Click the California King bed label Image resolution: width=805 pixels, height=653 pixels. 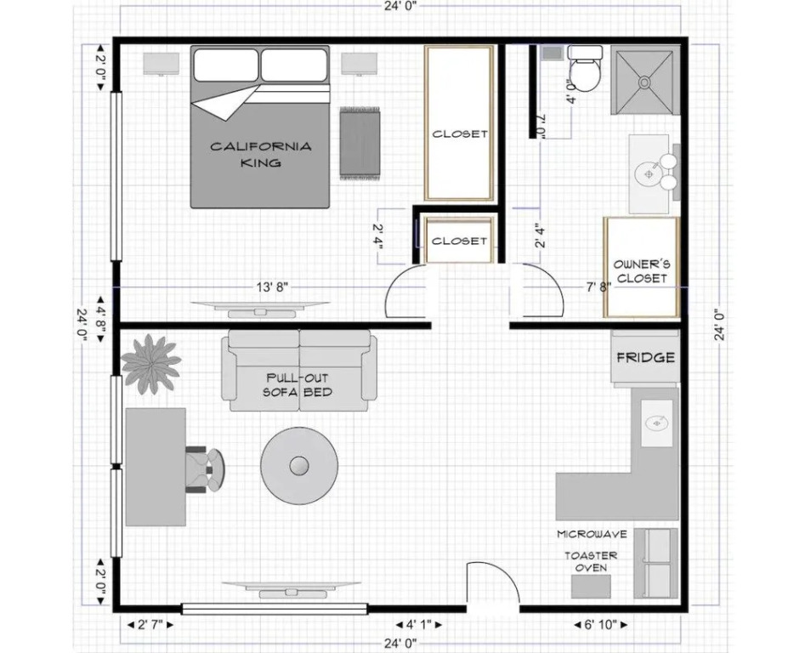point(261,155)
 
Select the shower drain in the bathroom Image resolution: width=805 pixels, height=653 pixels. point(643,81)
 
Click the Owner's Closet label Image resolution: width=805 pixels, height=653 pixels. point(642,271)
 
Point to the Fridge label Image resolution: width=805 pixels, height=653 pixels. point(645,357)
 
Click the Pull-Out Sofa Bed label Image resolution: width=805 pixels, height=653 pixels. point(298,385)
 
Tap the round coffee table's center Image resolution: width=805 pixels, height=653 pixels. point(299,466)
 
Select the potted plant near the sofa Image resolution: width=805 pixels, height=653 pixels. point(151,364)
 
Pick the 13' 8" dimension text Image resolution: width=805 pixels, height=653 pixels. point(272,287)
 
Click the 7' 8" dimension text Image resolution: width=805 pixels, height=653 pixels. point(598,287)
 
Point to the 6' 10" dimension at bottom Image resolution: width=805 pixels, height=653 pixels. point(600,625)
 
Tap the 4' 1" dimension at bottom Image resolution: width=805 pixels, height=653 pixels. point(418,625)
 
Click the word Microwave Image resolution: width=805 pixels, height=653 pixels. point(592,535)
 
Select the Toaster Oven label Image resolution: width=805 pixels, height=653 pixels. point(591,561)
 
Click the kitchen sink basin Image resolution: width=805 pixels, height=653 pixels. point(656,423)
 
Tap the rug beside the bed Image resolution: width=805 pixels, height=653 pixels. point(360,143)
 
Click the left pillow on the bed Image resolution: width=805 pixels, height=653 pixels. point(226,65)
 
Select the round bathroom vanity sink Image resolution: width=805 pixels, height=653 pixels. point(649,174)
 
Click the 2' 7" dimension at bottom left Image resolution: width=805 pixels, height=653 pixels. point(150,625)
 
